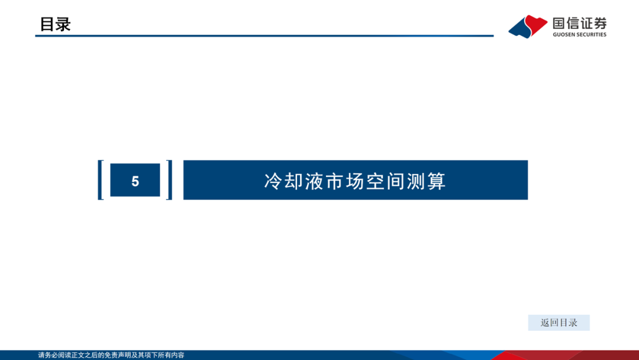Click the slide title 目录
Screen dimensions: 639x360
pyautogui.click(x=55, y=24)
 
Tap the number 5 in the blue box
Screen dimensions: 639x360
pyautogui.click(x=135, y=181)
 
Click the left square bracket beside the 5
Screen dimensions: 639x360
pyautogui.click(x=100, y=180)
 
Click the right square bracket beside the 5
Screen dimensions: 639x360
pyautogui.click(x=170, y=180)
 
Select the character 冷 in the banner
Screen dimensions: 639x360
pyautogui.click(x=273, y=181)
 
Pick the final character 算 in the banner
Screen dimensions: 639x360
pyautogui.click(x=437, y=181)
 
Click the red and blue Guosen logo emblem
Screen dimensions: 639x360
pyautogui.click(x=528, y=27)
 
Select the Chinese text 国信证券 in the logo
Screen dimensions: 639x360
pyautogui.click(x=579, y=23)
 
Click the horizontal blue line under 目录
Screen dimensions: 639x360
pyautogui.click(x=264, y=36)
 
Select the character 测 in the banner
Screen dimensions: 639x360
pyautogui.click(x=416, y=181)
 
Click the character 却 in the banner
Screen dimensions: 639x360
pyautogui.click(x=293, y=181)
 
